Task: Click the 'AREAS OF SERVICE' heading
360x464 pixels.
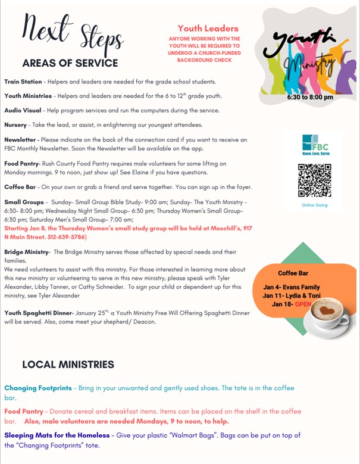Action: pyautogui.click(x=70, y=63)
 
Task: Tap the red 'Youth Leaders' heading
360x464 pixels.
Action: pyautogui.click(x=208, y=28)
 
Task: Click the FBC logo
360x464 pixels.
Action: pyautogui.click(x=315, y=145)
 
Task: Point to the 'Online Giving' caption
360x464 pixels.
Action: pyautogui.click(x=314, y=205)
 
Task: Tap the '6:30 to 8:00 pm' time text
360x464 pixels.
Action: pyautogui.click(x=309, y=97)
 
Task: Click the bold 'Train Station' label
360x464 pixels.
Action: pyautogui.click(x=23, y=82)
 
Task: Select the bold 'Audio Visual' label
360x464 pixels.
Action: pyautogui.click(x=23, y=111)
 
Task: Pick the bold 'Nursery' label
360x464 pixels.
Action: pyautogui.click(x=15, y=125)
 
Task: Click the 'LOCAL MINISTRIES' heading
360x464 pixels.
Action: pyautogui.click(x=68, y=365)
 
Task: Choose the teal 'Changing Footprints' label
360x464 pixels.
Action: pyautogui.click(x=37, y=388)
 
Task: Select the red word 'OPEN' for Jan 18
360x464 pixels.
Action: pyautogui.click(x=303, y=304)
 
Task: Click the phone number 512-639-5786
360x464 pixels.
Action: pyautogui.click(x=65, y=237)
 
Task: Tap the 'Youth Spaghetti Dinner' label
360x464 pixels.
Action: pyautogui.click(x=38, y=313)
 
